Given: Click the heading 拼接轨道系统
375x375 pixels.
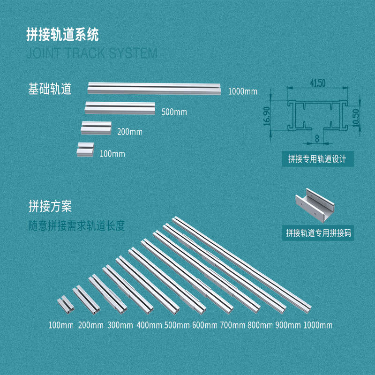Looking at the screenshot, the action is pyautogui.click(x=62, y=35).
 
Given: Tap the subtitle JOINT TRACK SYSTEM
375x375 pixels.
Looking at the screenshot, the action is pyautogui.click(x=92, y=52).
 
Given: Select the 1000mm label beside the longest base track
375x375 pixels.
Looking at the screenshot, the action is pyautogui.click(x=243, y=91).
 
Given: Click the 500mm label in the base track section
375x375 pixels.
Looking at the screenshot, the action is pyautogui.click(x=174, y=112).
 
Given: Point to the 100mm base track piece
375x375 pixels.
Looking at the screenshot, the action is pyautogui.click(x=86, y=150).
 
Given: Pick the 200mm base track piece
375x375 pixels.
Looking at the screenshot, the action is pyautogui.click(x=96, y=127).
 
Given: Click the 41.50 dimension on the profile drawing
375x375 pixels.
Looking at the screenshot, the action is pyautogui.click(x=317, y=83).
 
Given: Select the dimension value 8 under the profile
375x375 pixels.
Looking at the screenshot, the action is pyautogui.click(x=317, y=139).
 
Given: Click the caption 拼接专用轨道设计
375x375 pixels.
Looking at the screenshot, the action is pyautogui.click(x=317, y=159).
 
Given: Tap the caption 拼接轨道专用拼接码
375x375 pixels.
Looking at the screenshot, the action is pyautogui.click(x=318, y=232).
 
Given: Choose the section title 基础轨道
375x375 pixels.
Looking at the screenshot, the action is pyautogui.click(x=50, y=89).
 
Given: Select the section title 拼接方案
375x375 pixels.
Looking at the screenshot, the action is pyautogui.click(x=50, y=206).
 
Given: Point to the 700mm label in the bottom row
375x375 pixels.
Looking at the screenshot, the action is pyautogui.click(x=232, y=325).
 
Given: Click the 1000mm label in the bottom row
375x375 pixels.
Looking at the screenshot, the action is pyautogui.click(x=318, y=325).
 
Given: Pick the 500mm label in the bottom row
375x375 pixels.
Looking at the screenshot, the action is pyautogui.click(x=176, y=325).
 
